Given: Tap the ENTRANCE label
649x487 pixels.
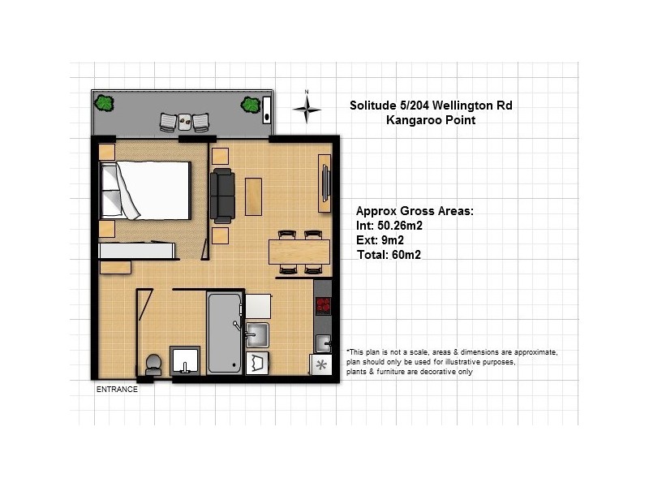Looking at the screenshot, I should click(x=118, y=390).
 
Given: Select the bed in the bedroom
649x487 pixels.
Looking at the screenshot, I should click(x=146, y=190).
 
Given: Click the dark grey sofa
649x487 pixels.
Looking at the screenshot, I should click(x=221, y=196).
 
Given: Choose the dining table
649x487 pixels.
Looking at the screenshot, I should click(x=299, y=252).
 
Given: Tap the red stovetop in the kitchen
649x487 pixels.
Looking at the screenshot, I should click(x=324, y=306).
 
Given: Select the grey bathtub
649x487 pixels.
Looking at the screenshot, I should click(x=224, y=334).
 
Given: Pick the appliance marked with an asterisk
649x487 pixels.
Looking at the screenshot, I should click(x=321, y=365).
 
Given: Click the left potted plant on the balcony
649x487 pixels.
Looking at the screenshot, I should click(x=104, y=103).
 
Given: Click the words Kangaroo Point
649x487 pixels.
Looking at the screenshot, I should click(x=431, y=120).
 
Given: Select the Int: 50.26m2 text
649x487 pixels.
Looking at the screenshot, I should click(x=389, y=226).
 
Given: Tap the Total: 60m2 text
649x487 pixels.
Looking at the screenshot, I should click(x=389, y=255).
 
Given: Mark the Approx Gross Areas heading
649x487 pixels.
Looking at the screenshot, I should click(x=415, y=211).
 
